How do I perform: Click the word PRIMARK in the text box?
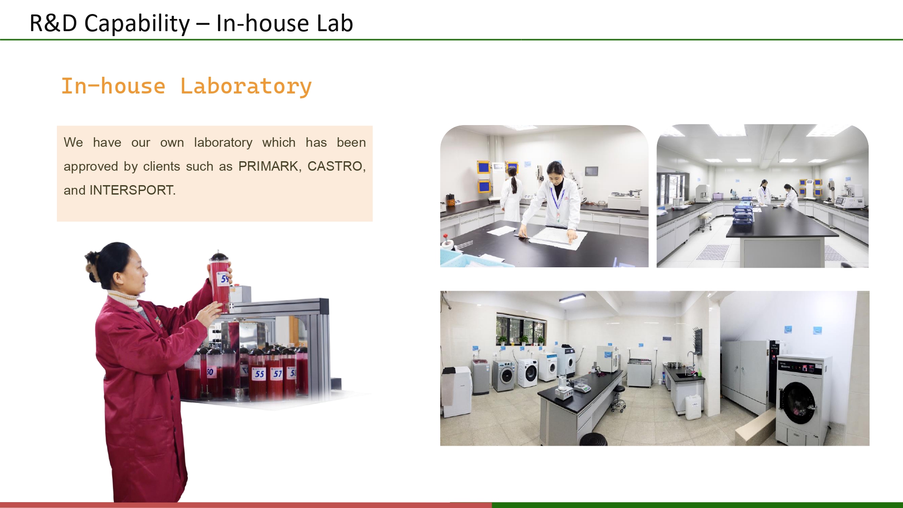pos(268,166)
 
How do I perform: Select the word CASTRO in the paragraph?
pos(335,166)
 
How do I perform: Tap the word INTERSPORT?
pos(131,190)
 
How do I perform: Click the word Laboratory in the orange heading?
pos(246,86)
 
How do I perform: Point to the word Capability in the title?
pos(137,23)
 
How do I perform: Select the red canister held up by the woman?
pos(220,282)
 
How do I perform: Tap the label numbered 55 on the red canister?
pos(259,373)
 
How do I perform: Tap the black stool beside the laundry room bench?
pos(593,439)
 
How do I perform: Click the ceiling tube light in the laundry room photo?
pos(573,298)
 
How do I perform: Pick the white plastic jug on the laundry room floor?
pos(694,407)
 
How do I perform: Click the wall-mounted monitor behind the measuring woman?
pos(591,171)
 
